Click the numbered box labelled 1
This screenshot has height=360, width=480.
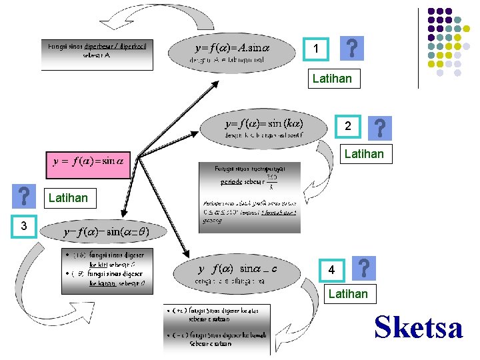coord(317,49)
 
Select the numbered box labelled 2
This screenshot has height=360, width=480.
coord(347,127)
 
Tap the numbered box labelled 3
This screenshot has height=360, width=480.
coord(23,226)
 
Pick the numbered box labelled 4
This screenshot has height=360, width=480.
coord(331,271)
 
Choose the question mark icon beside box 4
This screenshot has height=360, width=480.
coord(363,269)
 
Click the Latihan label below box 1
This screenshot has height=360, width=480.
coord(332,79)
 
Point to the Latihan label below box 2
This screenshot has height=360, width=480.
coord(364,154)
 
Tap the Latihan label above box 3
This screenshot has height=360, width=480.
coord(68,197)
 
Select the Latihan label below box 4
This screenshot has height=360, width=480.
coord(348,293)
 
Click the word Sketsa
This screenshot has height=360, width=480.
coord(419,327)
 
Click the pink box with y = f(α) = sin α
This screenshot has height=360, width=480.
coord(88,161)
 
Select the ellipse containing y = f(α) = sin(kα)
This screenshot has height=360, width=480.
coord(265,128)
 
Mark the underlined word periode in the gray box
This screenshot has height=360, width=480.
coord(231,181)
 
